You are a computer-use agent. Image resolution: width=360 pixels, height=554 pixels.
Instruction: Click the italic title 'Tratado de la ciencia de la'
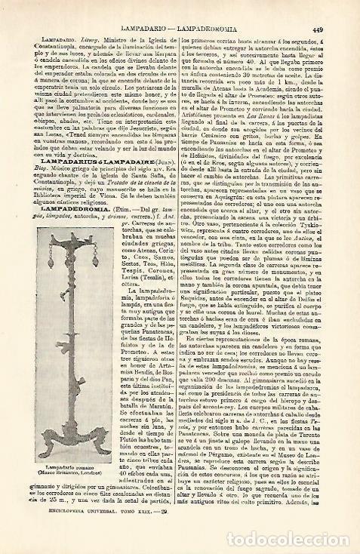[x=131, y=152]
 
